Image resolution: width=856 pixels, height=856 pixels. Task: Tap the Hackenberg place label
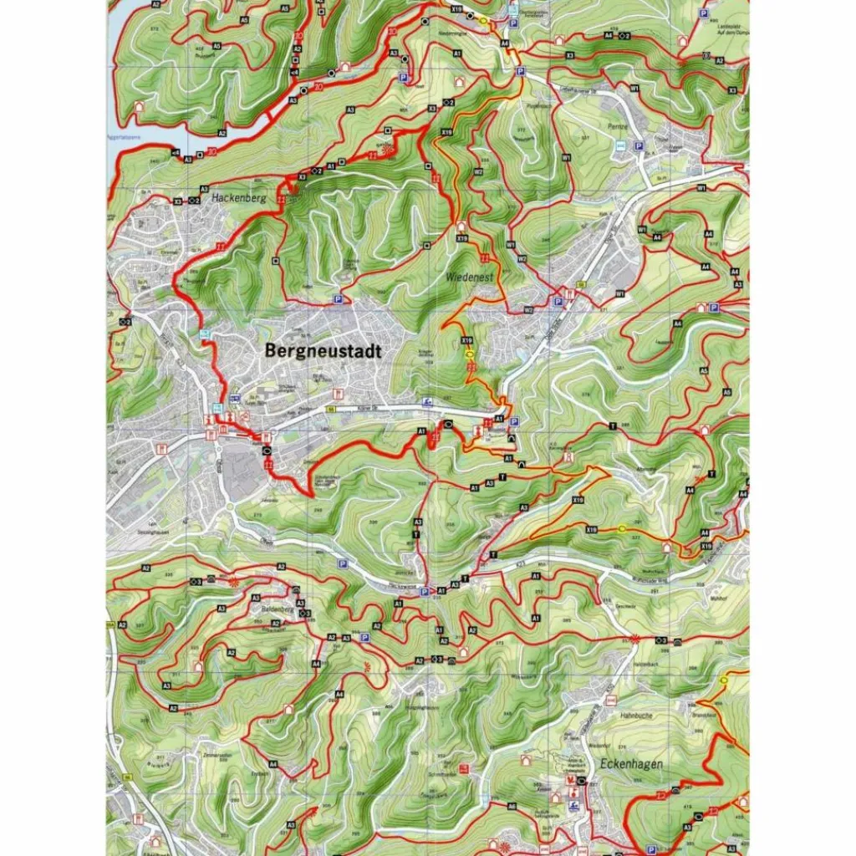(x=238, y=199)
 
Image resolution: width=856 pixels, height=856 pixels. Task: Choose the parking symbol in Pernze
(x=639, y=146)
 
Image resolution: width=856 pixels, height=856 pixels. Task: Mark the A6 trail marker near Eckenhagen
(x=512, y=806)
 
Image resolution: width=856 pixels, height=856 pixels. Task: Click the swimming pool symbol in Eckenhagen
(x=574, y=806)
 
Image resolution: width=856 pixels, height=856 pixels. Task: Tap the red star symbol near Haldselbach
(x=635, y=639)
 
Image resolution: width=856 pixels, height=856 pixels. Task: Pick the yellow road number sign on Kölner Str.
(x=330, y=410)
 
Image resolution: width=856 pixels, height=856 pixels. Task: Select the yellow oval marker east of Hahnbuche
(x=724, y=680)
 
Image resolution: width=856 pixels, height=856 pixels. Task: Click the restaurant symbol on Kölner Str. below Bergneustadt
(x=338, y=393)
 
